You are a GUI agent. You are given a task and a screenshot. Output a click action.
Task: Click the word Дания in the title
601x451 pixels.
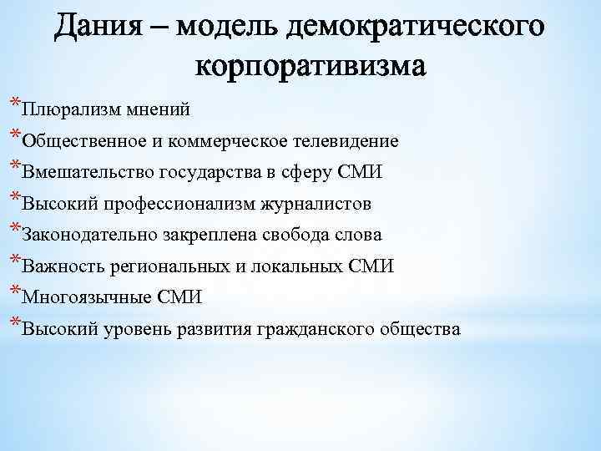point(98,27)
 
